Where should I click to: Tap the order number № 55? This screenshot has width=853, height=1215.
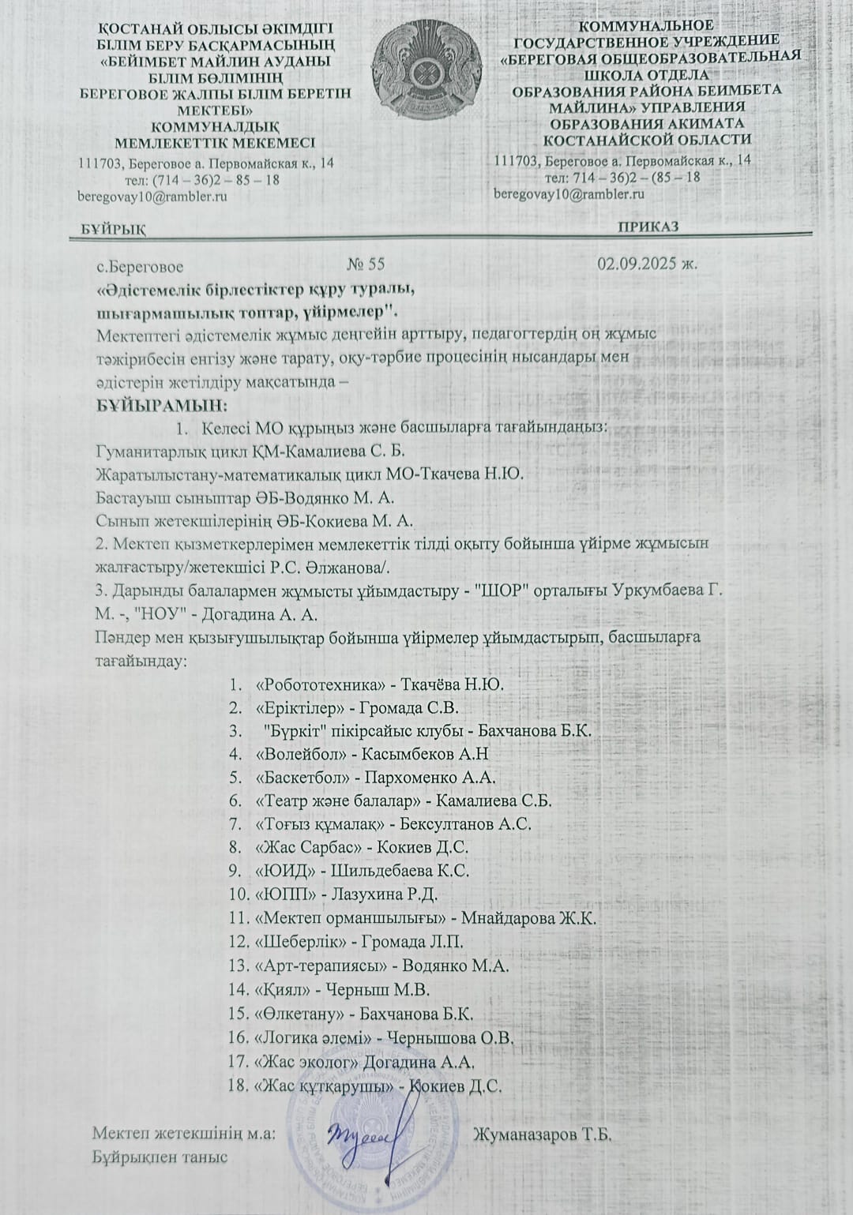click(366, 264)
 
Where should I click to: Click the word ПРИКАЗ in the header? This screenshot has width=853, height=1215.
click(648, 227)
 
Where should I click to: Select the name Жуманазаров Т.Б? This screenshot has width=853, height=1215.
click(543, 1135)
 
